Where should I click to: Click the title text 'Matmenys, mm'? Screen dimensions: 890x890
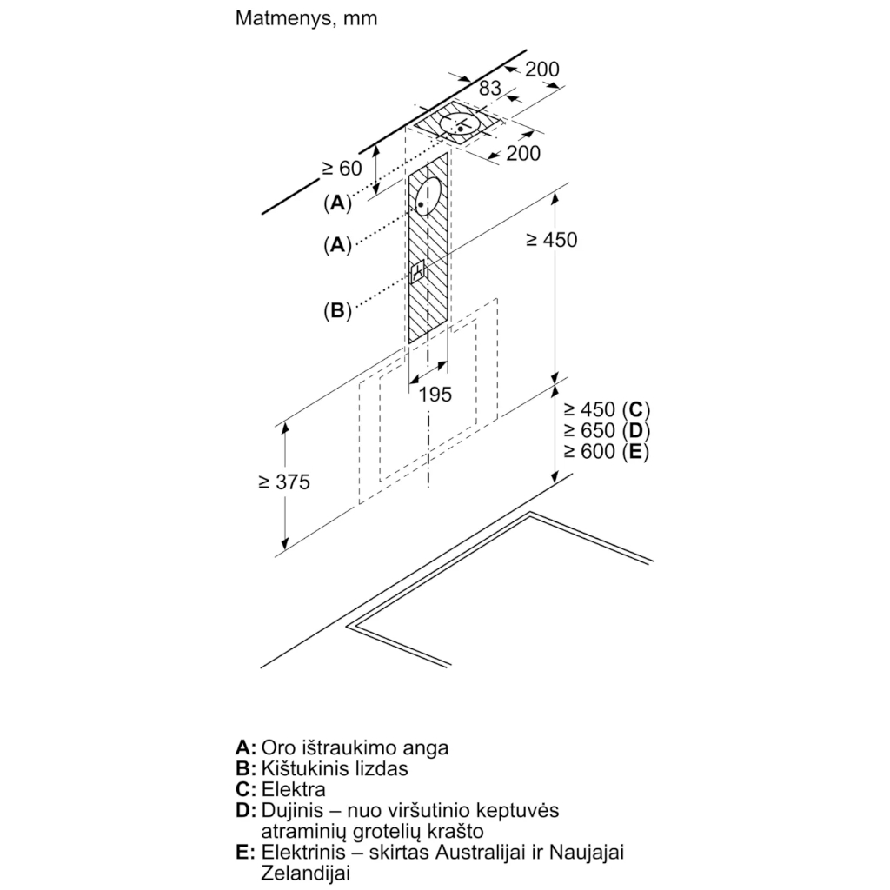(x=306, y=19)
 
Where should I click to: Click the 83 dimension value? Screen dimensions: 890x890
(x=490, y=88)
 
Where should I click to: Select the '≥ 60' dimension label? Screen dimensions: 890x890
(x=342, y=168)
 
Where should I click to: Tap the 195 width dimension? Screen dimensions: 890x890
(x=435, y=394)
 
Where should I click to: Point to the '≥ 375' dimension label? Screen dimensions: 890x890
(x=284, y=482)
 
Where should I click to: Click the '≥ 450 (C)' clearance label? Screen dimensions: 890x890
(x=606, y=409)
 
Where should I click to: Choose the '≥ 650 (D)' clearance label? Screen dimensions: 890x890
(x=606, y=430)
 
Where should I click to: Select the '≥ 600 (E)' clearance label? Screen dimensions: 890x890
(x=606, y=451)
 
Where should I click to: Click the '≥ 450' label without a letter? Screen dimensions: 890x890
(x=551, y=240)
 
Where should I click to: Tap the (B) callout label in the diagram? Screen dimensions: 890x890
(x=337, y=310)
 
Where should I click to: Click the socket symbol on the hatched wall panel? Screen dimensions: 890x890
(x=418, y=272)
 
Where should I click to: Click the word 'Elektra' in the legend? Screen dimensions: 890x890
(x=294, y=789)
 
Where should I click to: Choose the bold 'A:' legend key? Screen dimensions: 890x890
(x=246, y=747)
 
